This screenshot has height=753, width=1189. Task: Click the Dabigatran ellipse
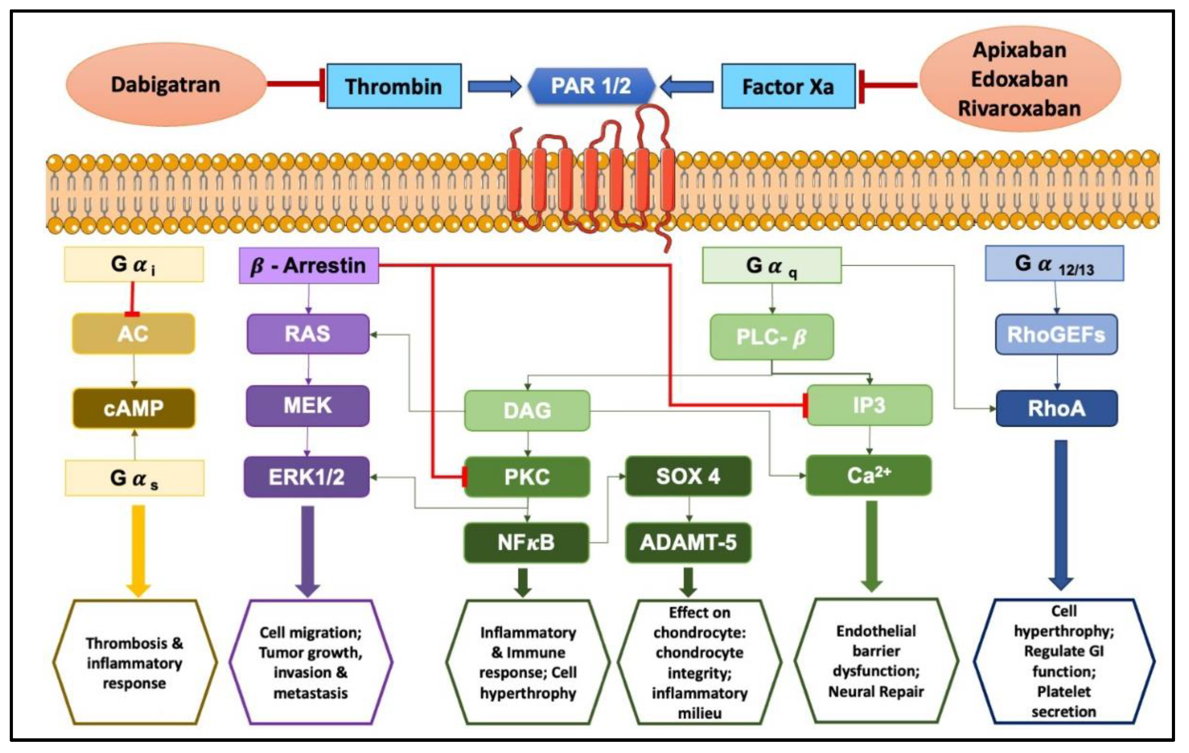click(166, 85)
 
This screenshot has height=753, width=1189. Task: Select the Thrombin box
click(393, 86)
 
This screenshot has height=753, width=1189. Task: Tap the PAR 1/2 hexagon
click(591, 86)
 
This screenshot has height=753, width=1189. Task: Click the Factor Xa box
click(788, 86)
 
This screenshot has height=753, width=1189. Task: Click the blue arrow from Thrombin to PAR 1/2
click(494, 86)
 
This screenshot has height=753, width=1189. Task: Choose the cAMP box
click(133, 408)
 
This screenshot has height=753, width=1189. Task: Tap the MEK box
click(308, 406)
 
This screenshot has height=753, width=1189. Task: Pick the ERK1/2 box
click(307, 477)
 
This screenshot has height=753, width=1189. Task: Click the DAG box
click(527, 411)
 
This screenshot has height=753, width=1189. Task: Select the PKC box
click(527, 477)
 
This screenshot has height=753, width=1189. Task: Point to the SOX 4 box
click(688, 476)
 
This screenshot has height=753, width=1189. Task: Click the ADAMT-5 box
click(688, 543)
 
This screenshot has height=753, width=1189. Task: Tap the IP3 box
click(869, 405)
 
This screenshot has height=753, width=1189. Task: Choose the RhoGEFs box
click(1056, 334)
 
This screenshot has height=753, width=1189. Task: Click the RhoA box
click(1056, 408)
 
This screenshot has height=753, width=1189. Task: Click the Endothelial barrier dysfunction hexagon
click(876, 661)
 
